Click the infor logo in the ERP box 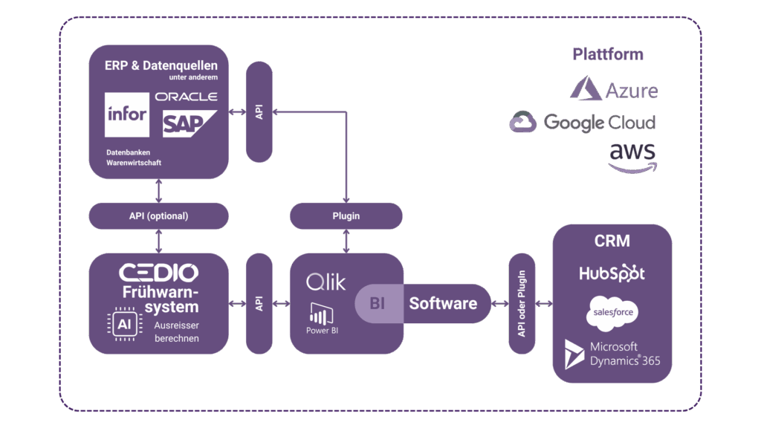(x=126, y=114)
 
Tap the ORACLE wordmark (x=186, y=97)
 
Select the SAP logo (x=187, y=123)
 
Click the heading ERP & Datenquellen (x=161, y=65)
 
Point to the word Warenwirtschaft (x=133, y=163)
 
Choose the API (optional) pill (x=158, y=216)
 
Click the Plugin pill (x=346, y=216)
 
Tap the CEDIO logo (x=158, y=271)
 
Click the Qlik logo (x=326, y=282)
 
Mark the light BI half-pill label (x=378, y=303)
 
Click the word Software (x=443, y=303)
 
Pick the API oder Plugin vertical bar (x=522, y=303)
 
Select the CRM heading (x=612, y=241)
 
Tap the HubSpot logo (x=612, y=273)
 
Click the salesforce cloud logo (x=612, y=312)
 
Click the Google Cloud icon (x=523, y=122)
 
